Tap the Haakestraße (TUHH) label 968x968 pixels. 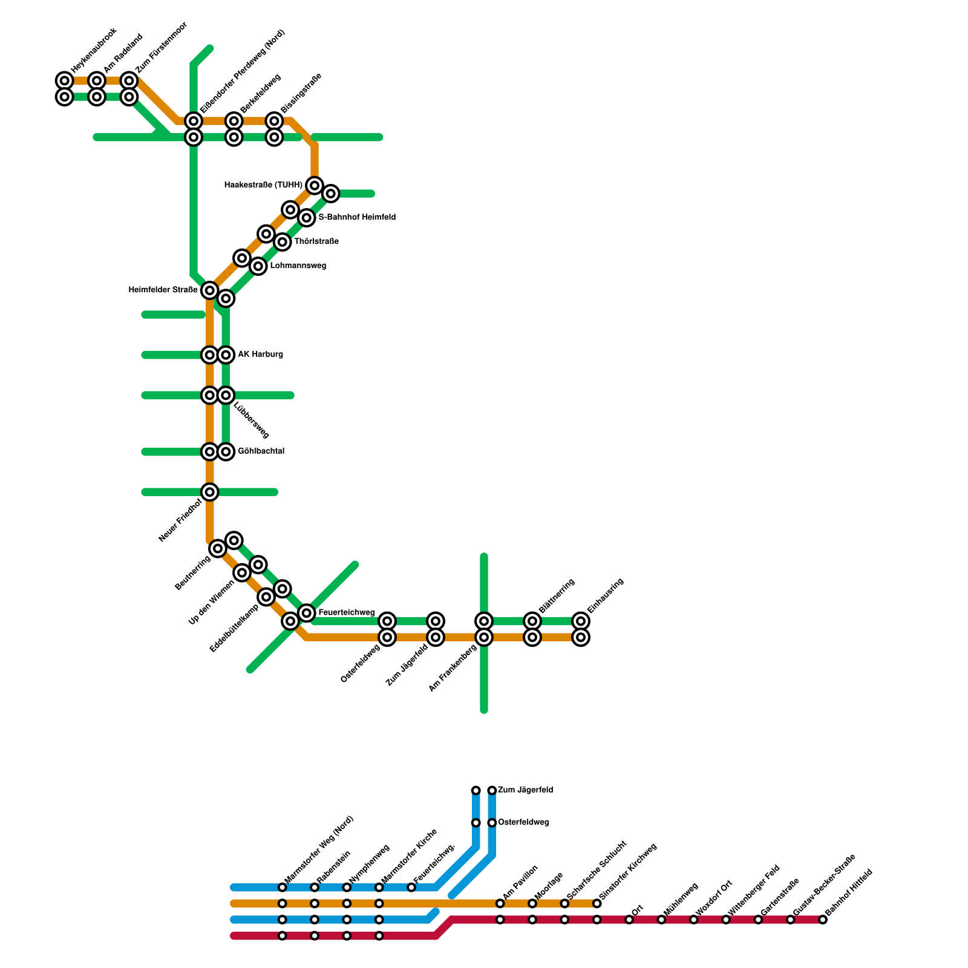pyautogui.click(x=263, y=185)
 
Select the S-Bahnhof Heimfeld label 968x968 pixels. pyautogui.click(x=357, y=217)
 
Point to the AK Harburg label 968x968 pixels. pyautogui.click(x=260, y=355)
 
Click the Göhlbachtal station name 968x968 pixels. pyautogui.click(x=261, y=451)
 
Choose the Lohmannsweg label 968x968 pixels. pyautogui.click(x=298, y=266)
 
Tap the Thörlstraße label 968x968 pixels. pyautogui.click(x=316, y=242)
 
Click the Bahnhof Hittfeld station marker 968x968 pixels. pyautogui.click(x=823, y=920)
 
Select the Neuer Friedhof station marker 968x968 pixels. pyautogui.click(x=210, y=492)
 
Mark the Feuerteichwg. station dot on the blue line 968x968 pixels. pyautogui.click(x=411, y=888)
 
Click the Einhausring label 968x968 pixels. pyautogui.click(x=605, y=596)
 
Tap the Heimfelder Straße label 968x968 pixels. pyautogui.click(x=163, y=290)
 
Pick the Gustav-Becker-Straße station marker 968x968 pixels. pyautogui.click(x=790, y=920)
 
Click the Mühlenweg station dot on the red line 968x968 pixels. pyautogui.click(x=661, y=920)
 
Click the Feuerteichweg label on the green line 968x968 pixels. pyautogui.click(x=346, y=613)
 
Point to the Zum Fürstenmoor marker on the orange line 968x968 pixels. pyautogui.click(x=129, y=80)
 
